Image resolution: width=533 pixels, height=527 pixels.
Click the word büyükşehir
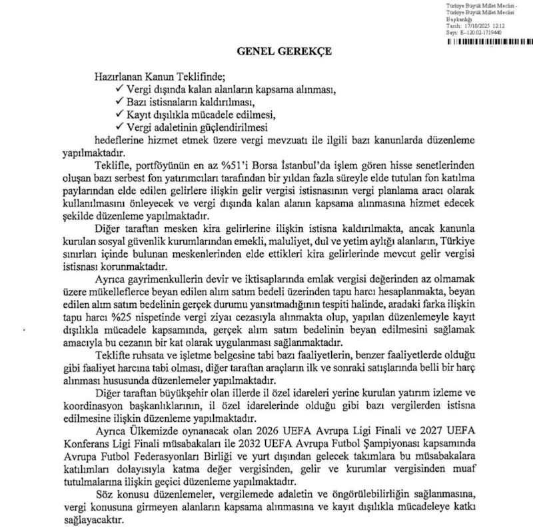click(183, 393)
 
